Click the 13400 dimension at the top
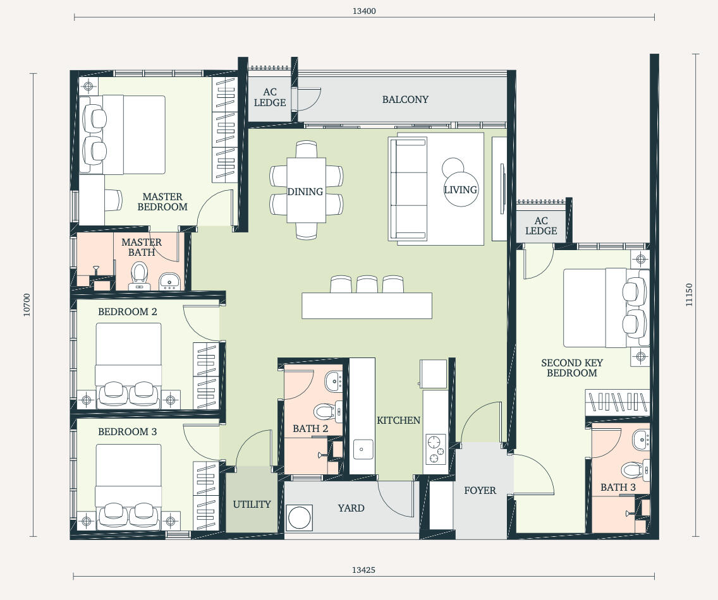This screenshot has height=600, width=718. [364, 11]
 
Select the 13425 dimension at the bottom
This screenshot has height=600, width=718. [363, 570]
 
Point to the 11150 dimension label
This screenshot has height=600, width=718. [689, 295]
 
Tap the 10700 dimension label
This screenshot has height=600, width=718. [27, 305]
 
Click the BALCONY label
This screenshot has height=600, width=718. [405, 99]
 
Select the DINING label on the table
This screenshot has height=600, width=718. [305, 192]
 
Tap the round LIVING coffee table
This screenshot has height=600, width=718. [461, 189]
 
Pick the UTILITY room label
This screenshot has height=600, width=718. [252, 505]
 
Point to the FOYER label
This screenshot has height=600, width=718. [480, 491]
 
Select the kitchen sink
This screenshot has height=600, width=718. [363, 450]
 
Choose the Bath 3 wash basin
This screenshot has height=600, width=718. [641, 440]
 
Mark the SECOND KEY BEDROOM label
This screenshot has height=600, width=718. [572, 368]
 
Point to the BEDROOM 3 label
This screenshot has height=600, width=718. [127, 431]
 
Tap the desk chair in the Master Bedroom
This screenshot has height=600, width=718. [114, 200]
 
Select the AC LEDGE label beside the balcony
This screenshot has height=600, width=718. [270, 97]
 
